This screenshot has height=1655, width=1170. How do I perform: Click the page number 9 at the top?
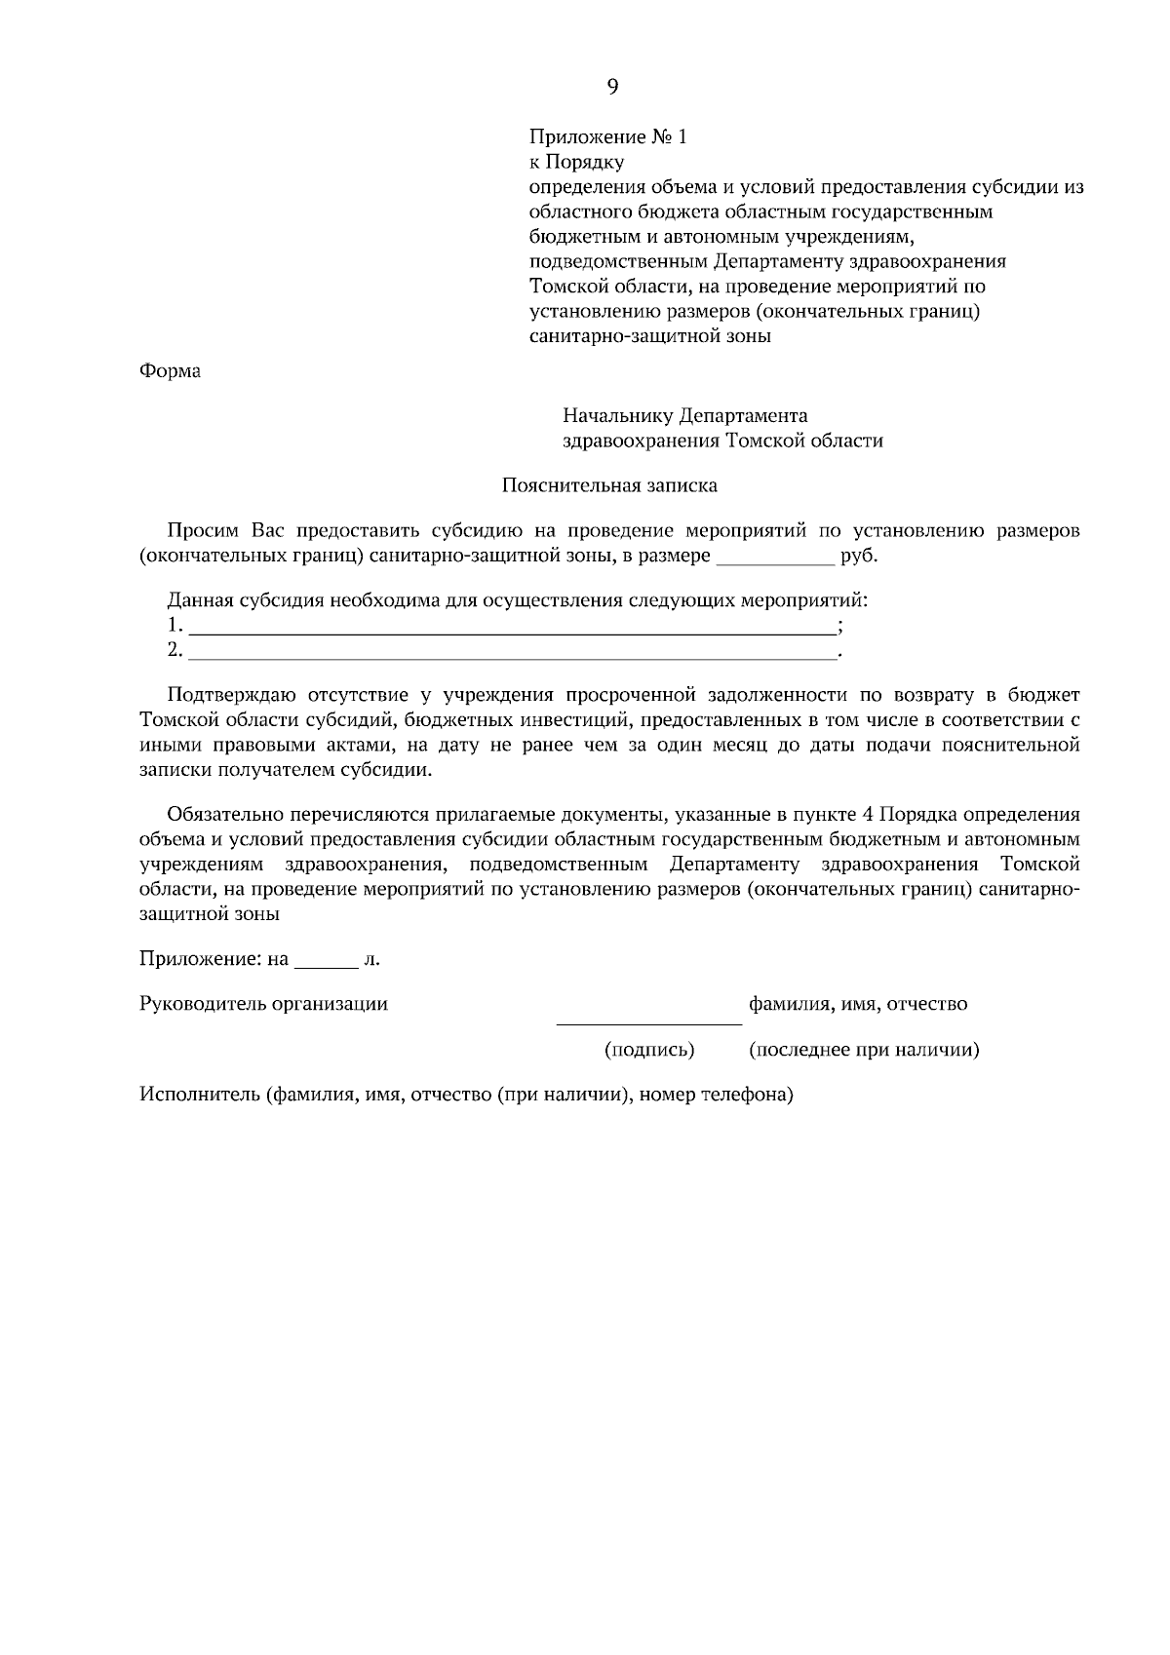[x=612, y=87]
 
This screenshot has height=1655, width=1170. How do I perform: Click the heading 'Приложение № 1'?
[x=607, y=136]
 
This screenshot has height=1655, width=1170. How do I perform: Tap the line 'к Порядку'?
[x=575, y=162]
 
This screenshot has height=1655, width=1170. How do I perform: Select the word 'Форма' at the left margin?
[x=170, y=371]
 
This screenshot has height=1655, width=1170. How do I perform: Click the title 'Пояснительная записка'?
[x=609, y=484]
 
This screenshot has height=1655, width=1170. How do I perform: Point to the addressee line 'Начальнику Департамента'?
[x=684, y=416]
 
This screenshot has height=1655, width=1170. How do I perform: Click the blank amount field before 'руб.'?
[x=775, y=559]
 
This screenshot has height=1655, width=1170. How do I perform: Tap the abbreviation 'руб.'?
[x=858, y=557]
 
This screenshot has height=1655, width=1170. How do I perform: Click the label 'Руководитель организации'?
[x=263, y=1004]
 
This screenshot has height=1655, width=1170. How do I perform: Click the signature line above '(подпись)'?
[x=648, y=1021]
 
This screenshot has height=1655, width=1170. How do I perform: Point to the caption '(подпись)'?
[x=649, y=1050]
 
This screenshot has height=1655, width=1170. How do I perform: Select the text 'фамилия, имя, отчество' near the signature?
[x=857, y=1004]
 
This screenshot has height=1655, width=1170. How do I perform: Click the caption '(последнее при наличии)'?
[x=863, y=1050]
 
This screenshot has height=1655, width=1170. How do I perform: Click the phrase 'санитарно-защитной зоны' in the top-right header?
[x=649, y=336]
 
